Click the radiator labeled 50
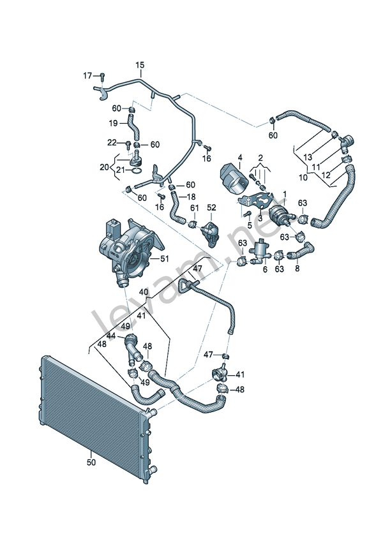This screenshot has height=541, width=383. point(96,415)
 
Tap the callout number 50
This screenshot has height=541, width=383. point(91,463)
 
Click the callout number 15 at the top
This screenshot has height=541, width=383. point(140,65)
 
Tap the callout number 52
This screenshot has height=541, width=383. point(211,208)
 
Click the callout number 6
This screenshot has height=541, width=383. point(265,269)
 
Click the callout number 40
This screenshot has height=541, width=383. point(144,292)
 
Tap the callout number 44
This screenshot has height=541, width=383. point(110,335)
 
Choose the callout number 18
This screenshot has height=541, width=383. point(191,197)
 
